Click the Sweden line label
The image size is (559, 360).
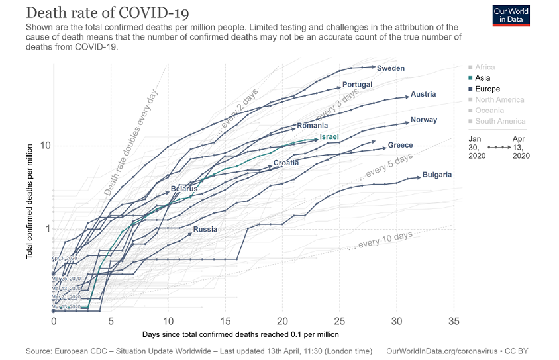point(391,68)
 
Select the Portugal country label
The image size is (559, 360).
point(357,85)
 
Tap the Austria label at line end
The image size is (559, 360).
point(423,94)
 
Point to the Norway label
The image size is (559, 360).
point(423,120)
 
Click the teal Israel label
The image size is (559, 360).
point(329,137)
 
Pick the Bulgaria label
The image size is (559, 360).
point(437,175)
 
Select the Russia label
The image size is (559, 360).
point(205,230)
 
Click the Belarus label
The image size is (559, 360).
point(184,189)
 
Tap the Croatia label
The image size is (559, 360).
point(286,163)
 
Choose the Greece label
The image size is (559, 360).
point(400,145)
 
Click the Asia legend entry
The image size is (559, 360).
point(483,78)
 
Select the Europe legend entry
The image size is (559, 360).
point(487,89)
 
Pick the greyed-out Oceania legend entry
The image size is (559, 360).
point(489,111)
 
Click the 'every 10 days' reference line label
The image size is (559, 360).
point(385,240)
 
